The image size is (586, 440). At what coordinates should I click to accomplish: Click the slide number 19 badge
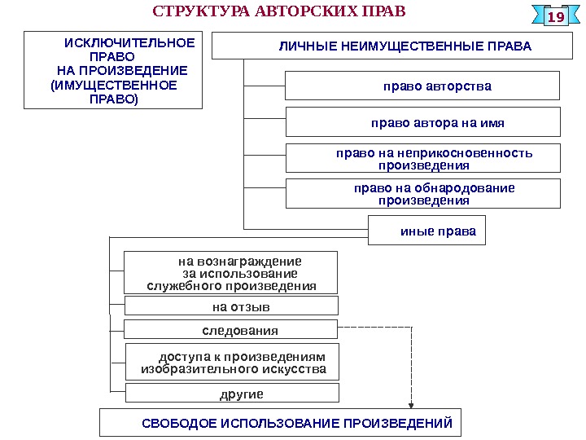tap(556, 17)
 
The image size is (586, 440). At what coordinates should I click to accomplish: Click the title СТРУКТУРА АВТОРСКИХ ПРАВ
tap(278, 13)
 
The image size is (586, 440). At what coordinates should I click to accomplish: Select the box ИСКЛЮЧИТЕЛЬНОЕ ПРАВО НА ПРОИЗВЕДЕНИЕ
tap(113, 71)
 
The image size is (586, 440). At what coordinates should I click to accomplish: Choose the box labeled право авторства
tap(422, 85)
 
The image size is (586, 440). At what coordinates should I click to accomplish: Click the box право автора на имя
tap(422, 122)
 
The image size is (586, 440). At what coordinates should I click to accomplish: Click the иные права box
tap(427, 231)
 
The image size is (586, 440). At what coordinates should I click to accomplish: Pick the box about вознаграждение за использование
tap(230, 273)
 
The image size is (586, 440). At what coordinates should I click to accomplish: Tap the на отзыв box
tap(230, 306)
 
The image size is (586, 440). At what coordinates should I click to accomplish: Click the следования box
tap(230, 330)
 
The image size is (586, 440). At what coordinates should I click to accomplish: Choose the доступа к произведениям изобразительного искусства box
tap(231, 363)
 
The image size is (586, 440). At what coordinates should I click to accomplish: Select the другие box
tap(231, 394)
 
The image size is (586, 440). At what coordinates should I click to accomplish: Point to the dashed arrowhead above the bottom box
tap(411, 403)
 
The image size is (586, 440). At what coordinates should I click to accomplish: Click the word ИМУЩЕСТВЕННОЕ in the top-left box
tap(113, 85)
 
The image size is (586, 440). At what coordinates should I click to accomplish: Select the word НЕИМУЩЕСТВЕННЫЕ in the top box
tap(409, 46)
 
